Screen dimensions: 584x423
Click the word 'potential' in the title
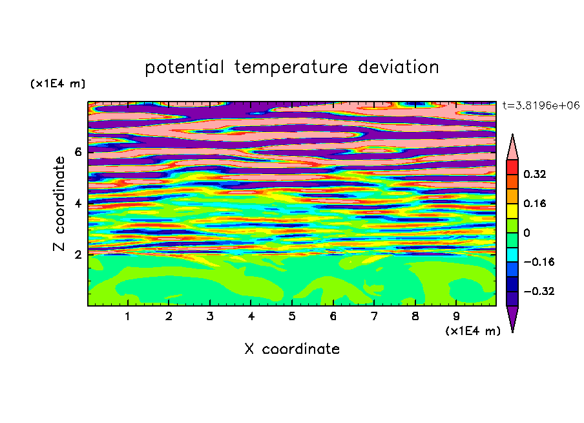pos(184,68)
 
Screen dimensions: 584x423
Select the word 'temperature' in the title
pos(291,68)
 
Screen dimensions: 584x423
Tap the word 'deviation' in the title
pos(399,67)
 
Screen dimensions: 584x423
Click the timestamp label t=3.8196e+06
pos(541,105)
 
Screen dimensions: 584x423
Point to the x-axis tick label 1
pos(128,316)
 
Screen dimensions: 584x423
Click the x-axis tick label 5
pos(292,316)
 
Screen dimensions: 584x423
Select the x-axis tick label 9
pos(456,316)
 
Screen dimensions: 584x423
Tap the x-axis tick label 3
pos(210,316)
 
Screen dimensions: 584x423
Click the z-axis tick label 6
pos(78,152)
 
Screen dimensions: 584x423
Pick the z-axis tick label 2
pos(78,254)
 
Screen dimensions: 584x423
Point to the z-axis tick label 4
pos(78,203)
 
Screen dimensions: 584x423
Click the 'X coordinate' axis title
pos(292,349)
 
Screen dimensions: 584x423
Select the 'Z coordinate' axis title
pos(59,203)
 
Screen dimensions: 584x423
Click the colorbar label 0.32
pos(534,174)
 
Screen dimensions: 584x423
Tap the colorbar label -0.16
pos(539,262)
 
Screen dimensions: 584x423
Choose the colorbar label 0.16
pos(534,203)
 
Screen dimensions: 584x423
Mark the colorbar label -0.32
pos(539,291)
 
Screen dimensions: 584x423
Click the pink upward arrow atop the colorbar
pos(512,148)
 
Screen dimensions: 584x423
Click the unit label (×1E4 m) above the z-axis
pos(57,83)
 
